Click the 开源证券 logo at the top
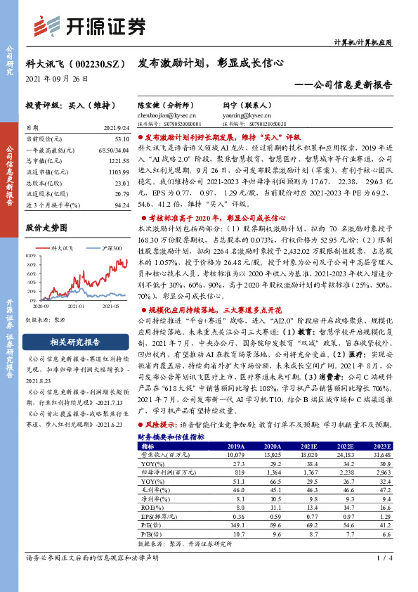tap(91, 26)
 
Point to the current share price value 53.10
tap(121, 140)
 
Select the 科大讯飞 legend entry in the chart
tap(59, 248)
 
